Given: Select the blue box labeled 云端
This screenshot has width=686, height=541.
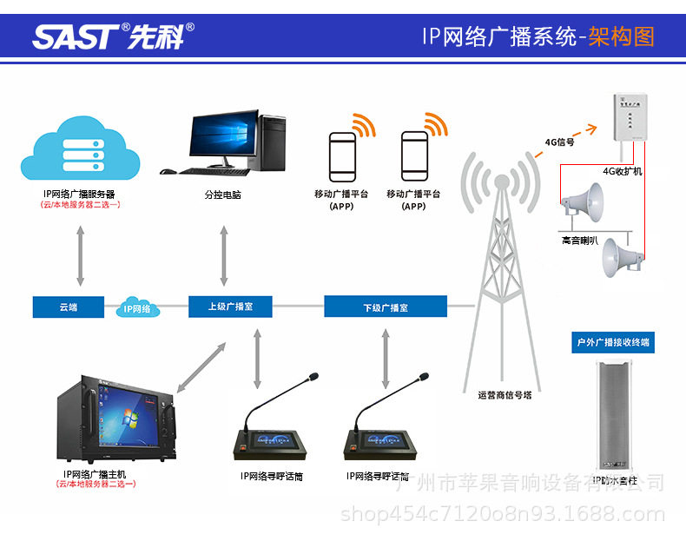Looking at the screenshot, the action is pos(69,307).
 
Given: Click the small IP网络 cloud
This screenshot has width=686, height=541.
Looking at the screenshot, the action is pos(135,307).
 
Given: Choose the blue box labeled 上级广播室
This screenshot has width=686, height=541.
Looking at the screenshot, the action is pos(230,307).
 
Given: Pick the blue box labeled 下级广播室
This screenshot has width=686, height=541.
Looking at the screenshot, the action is pos(385,307).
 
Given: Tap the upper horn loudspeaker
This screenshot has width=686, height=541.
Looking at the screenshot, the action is pos(582,201).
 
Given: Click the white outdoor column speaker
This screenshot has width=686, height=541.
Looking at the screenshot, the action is pos(614,417).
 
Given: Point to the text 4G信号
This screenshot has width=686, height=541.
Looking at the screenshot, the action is pos(559,142).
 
